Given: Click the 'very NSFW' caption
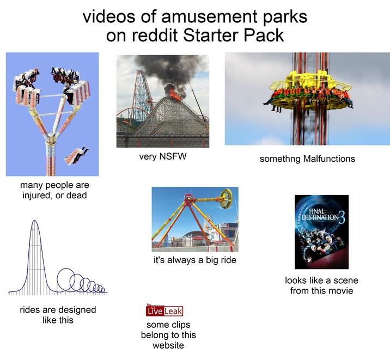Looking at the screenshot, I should [162, 157].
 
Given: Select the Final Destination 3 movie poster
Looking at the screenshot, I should [321, 232].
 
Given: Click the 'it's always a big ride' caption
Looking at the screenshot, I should [194, 260].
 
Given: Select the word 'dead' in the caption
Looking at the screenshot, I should [76, 196].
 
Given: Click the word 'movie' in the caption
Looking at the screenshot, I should [340, 291].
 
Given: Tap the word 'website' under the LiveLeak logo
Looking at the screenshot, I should [168, 345].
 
